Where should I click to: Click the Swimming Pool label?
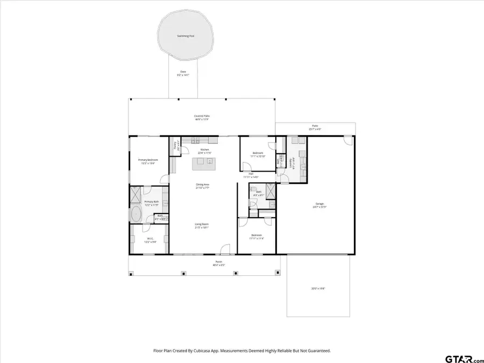click(186, 36)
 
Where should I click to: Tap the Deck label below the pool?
click(183, 73)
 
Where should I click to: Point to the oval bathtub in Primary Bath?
click(136, 214)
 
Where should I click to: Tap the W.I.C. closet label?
click(149, 240)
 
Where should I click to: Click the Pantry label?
click(175, 145)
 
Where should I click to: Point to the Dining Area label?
click(202, 186)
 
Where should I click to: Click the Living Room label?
click(202, 225)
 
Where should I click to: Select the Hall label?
click(251, 175)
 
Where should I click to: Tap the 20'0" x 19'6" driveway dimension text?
click(318, 289)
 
